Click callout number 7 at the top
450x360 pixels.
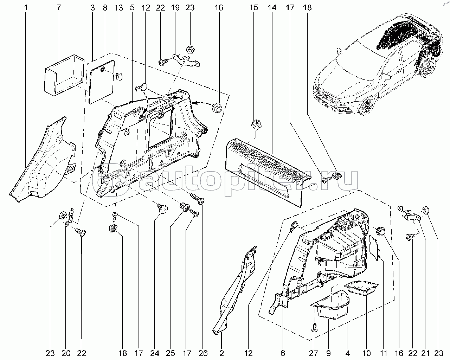click(59, 7)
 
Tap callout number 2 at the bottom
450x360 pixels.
click(222, 353)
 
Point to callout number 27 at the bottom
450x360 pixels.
click(313, 353)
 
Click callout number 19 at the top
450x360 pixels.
click(175, 7)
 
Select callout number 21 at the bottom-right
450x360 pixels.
click(425, 353)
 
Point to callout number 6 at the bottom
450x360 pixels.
click(283, 353)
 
